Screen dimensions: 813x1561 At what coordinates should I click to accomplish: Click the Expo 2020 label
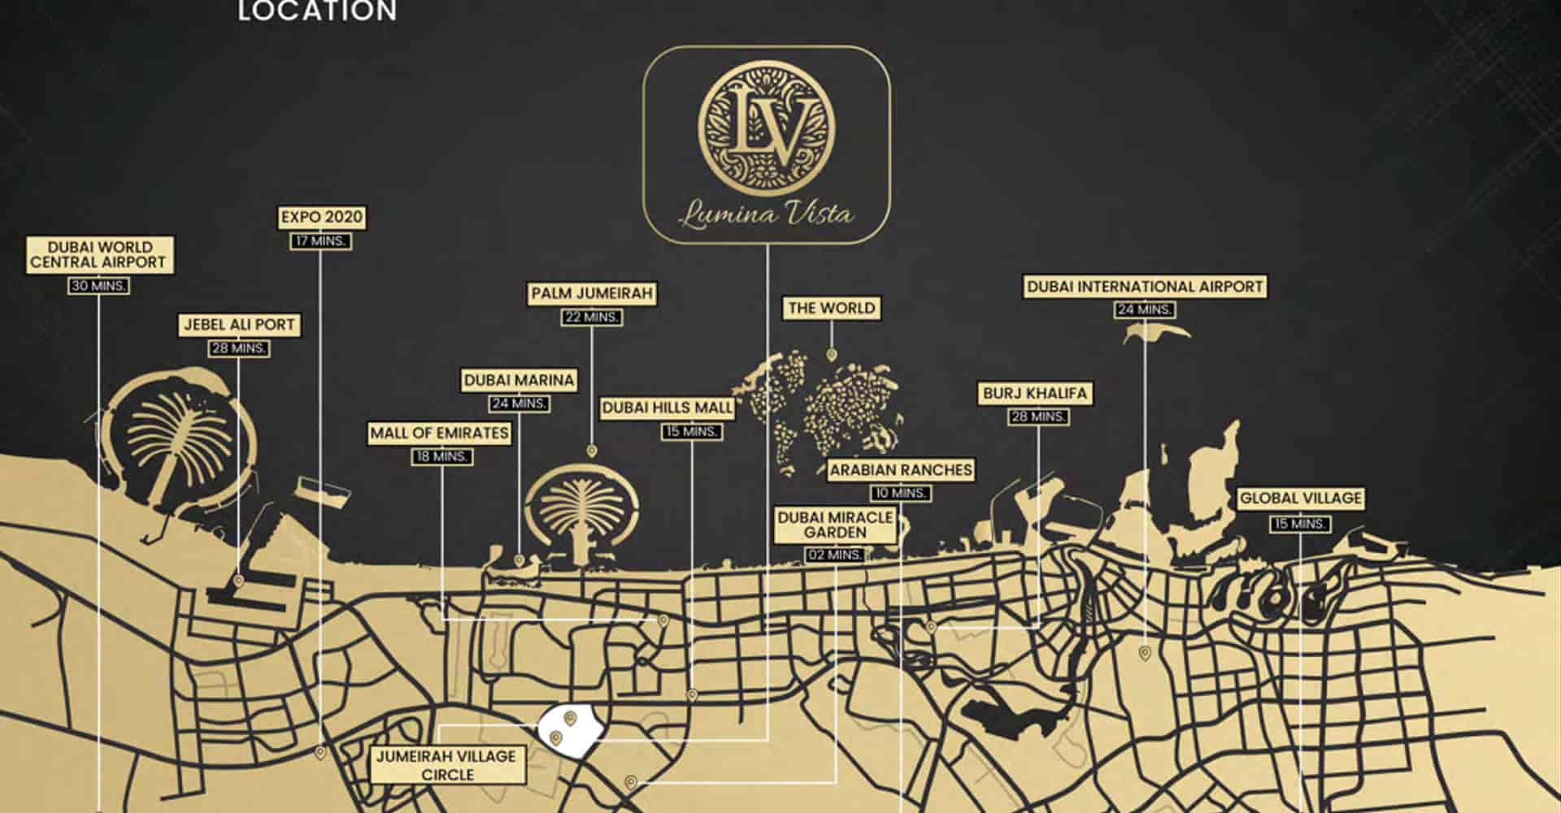pyautogui.click(x=321, y=217)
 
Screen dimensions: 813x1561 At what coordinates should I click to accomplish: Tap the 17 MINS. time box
pyautogui.click(x=321, y=241)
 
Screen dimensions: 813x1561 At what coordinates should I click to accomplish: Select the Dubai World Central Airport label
pyautogui.click(x=99, y=254)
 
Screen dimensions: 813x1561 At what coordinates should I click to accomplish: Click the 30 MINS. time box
pyautogui.click(x=98, y=286)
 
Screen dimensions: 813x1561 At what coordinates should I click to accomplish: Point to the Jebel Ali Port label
pyautogui.click(x=239, y=324)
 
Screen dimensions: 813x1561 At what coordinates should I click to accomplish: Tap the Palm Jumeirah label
pyautogui.click(x=592, y=293)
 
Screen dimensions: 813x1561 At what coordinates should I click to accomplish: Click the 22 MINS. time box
pyautogui.click(x=592, y=317)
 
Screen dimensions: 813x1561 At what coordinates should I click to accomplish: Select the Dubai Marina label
pyautogui.click(x=519, y=380)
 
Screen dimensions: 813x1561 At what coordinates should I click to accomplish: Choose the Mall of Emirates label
pyautogui.click(x=439, y=433)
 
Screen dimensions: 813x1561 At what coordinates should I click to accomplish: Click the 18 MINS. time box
pyautogui.click(x=441, y=457)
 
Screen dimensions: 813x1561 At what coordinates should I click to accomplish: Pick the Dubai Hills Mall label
pyautogui.click(x=667, y=408)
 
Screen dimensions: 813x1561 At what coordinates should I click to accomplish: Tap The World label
pyautogui.click(x=831, y=308)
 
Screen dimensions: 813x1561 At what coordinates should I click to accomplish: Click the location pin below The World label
pyautogui.click(x=831, y=354)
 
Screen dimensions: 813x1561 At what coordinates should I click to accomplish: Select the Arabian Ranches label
pyautogui.click(x=900, y=470)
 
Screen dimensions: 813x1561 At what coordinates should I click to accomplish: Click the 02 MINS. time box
pyautogui.click(x=835, y=555)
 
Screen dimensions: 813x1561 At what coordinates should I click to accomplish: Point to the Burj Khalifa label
pyautogui.click(x=1034, y=393)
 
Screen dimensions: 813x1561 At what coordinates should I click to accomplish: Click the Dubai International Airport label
pyautogui.click(x=1145, y=286)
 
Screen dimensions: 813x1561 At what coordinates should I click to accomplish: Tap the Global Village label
pyautogui.click(x=1300, y=498)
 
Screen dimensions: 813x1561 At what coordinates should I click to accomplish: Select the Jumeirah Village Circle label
pyautogui.click(x=446, y=766)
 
